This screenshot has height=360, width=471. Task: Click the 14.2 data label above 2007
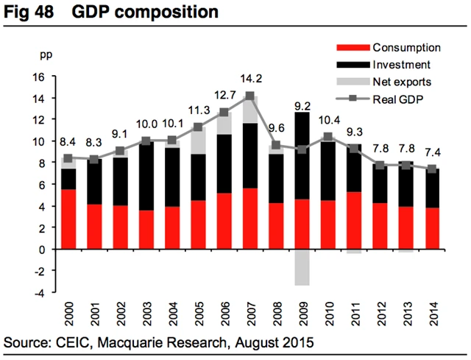click(x=250, y=80)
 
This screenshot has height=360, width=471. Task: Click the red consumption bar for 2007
click(x=250, y=219)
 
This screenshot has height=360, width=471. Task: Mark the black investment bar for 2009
click(x=302, y=155)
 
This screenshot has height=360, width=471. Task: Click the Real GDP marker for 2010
click(x=327, y=137)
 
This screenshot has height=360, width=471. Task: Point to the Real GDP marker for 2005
click(x=199, y=127)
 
